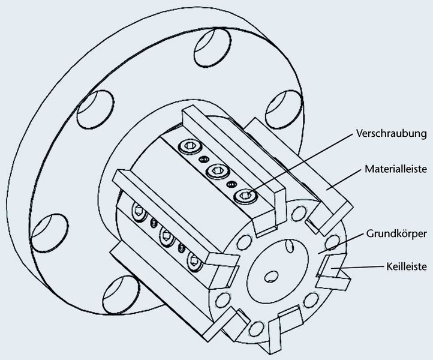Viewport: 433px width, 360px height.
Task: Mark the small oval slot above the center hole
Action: pyautogui.click(x=290, y=245)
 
